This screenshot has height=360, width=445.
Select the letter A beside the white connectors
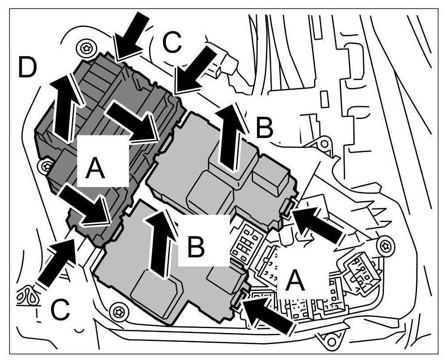pos(295,281)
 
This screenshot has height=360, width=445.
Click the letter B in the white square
pos(195,247)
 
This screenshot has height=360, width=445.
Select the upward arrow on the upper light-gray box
pos(231,137)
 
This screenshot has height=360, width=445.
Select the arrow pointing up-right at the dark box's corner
pos(56,262)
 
